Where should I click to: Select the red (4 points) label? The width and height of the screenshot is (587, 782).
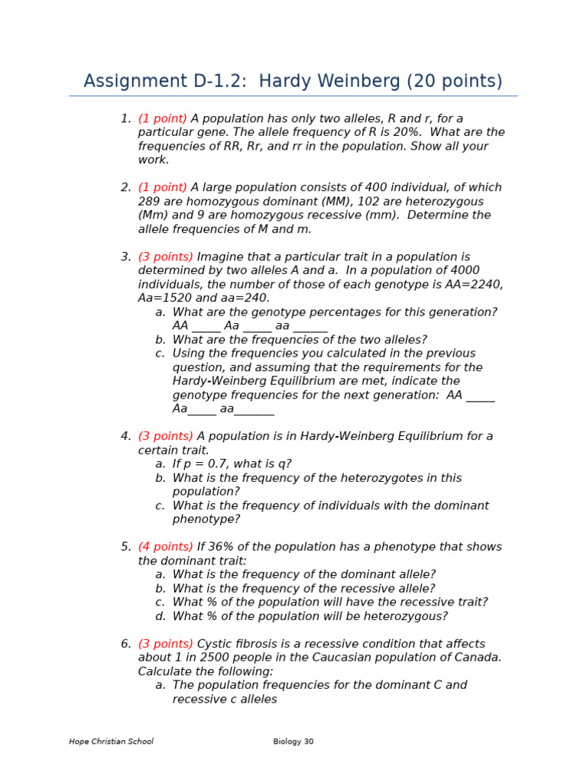[166, 547]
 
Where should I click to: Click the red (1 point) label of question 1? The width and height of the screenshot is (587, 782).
[163, 118]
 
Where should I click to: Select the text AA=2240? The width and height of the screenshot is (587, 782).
[475, 284]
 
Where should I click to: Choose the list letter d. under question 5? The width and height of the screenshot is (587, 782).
[161, 616]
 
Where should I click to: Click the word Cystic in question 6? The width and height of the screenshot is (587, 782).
[214, 644]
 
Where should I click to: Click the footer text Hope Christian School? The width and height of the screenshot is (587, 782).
[111, 742]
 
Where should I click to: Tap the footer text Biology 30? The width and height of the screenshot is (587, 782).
[293, 742]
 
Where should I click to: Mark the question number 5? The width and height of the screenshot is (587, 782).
[125, 547]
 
